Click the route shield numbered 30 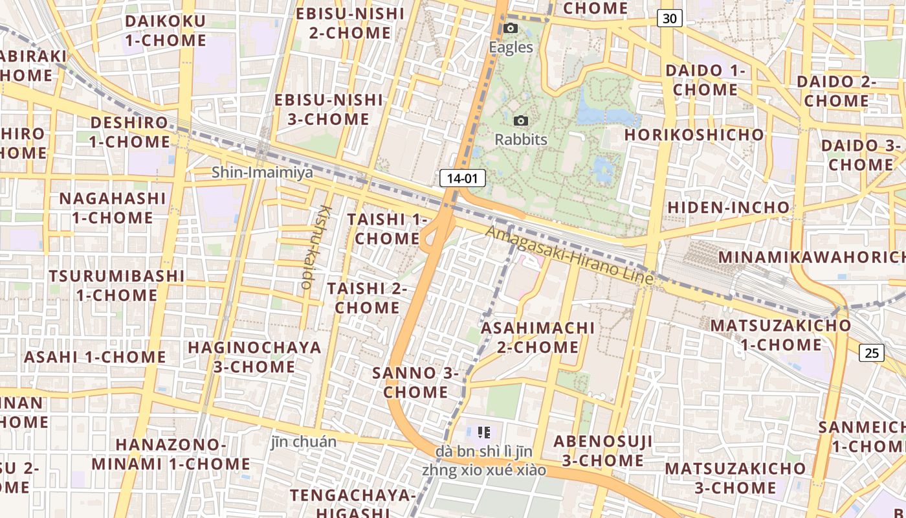[669, 18]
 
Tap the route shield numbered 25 [872, 353]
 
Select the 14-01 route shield [462, 178]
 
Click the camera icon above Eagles [511, 28]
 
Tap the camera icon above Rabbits [520, 121]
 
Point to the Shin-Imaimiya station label [262, 172]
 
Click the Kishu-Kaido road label [315, 247]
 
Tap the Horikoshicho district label [694, 135]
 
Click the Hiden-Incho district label [728, 207]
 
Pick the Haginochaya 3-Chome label [254, 357]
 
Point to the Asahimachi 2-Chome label [538, 337]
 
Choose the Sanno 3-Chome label [415, 382]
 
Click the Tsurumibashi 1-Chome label [116, 286]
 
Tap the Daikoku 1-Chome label [165, 30]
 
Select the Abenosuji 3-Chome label [602, 451]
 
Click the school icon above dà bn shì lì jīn [483, 432]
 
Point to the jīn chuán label [304, 442]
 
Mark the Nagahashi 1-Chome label [113, 208]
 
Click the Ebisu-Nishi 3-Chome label [329, 109]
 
